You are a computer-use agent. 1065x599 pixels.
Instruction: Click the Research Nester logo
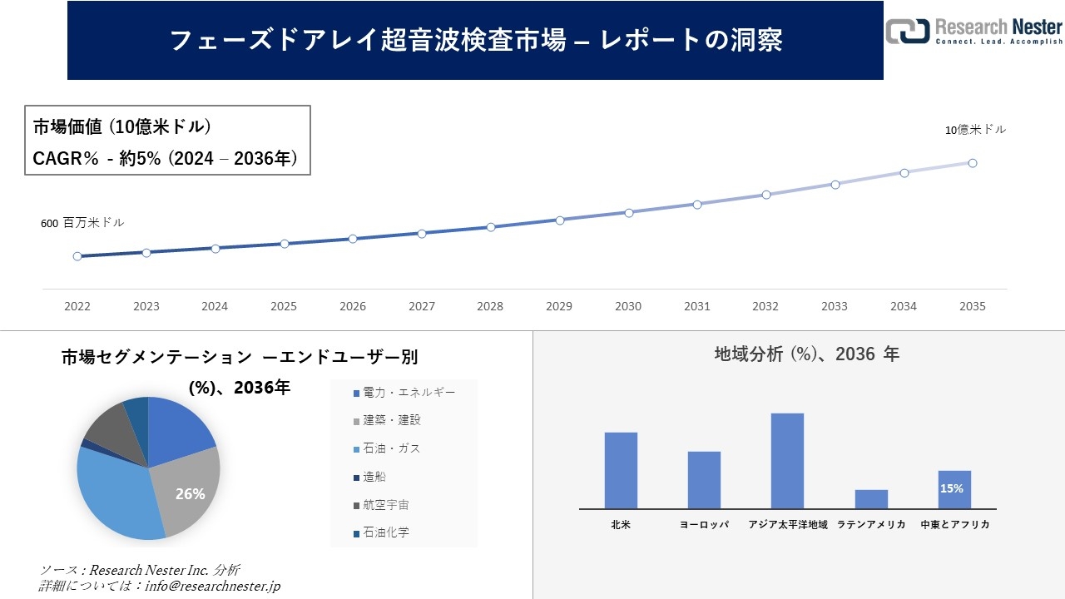click(x=973, y=31)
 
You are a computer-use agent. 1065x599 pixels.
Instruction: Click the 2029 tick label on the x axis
click(x=559, y=306)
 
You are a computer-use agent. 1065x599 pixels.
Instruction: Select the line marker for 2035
click(x=972, y=163)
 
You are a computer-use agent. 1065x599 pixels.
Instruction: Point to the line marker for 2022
click(x=77, y=256)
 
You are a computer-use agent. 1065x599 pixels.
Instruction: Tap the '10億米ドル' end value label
click(x=975, y=130)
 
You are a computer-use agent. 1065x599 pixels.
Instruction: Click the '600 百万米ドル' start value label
click(x=82, y=223)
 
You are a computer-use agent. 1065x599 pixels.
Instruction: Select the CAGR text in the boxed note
click(x=165, y=157)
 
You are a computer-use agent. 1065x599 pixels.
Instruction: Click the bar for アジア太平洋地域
click(x=787, y=460)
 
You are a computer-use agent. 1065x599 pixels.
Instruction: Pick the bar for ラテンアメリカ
click(x=871, y=498)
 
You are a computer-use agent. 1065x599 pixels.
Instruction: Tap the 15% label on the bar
click(x=951, y=488)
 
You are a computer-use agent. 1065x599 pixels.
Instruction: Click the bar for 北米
click(x=621, y=470)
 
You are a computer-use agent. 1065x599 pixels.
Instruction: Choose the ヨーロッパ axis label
click(x=704, y=525)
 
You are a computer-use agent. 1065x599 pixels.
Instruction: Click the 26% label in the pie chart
click(x=190, y=494)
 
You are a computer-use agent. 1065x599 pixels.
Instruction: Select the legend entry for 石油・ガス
click(x=391, y=448)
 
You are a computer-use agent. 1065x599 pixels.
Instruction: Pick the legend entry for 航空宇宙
click(x=385, y=505)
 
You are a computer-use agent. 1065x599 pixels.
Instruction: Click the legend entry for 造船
click(x=374, y=477)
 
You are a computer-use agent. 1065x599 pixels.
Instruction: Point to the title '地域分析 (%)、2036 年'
click(x=806, y=354)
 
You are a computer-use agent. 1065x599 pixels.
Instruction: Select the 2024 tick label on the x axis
click(x=215, y=306)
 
